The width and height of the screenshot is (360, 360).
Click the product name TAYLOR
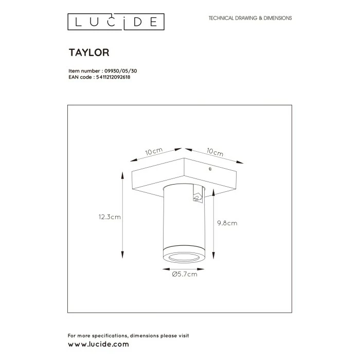(88, 52)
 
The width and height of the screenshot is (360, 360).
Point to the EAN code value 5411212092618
(113, 77)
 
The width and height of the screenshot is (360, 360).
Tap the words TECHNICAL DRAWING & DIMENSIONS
(250, 18)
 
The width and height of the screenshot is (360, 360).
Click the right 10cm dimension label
(214, 153)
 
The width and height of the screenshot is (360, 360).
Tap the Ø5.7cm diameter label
(184, 274)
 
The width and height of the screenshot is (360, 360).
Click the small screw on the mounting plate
(209, 168)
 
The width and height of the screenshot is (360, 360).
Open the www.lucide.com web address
(98, 344)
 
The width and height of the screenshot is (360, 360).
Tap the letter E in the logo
(154, 22)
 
